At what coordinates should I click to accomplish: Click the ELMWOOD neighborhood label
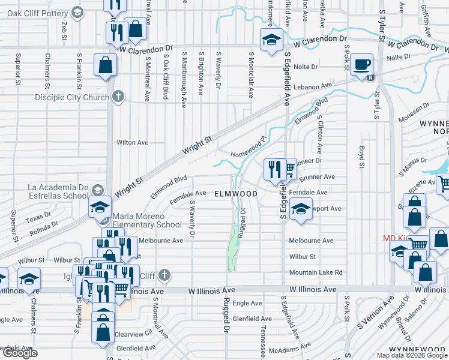(x=236, y=194)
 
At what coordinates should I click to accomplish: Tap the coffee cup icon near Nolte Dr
(x=362, y=64)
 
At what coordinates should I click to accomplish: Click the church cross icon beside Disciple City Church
(x=119, y=96)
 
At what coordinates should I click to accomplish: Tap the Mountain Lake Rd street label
(x=316, y=272)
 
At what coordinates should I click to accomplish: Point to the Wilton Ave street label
(x=132, y=143)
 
